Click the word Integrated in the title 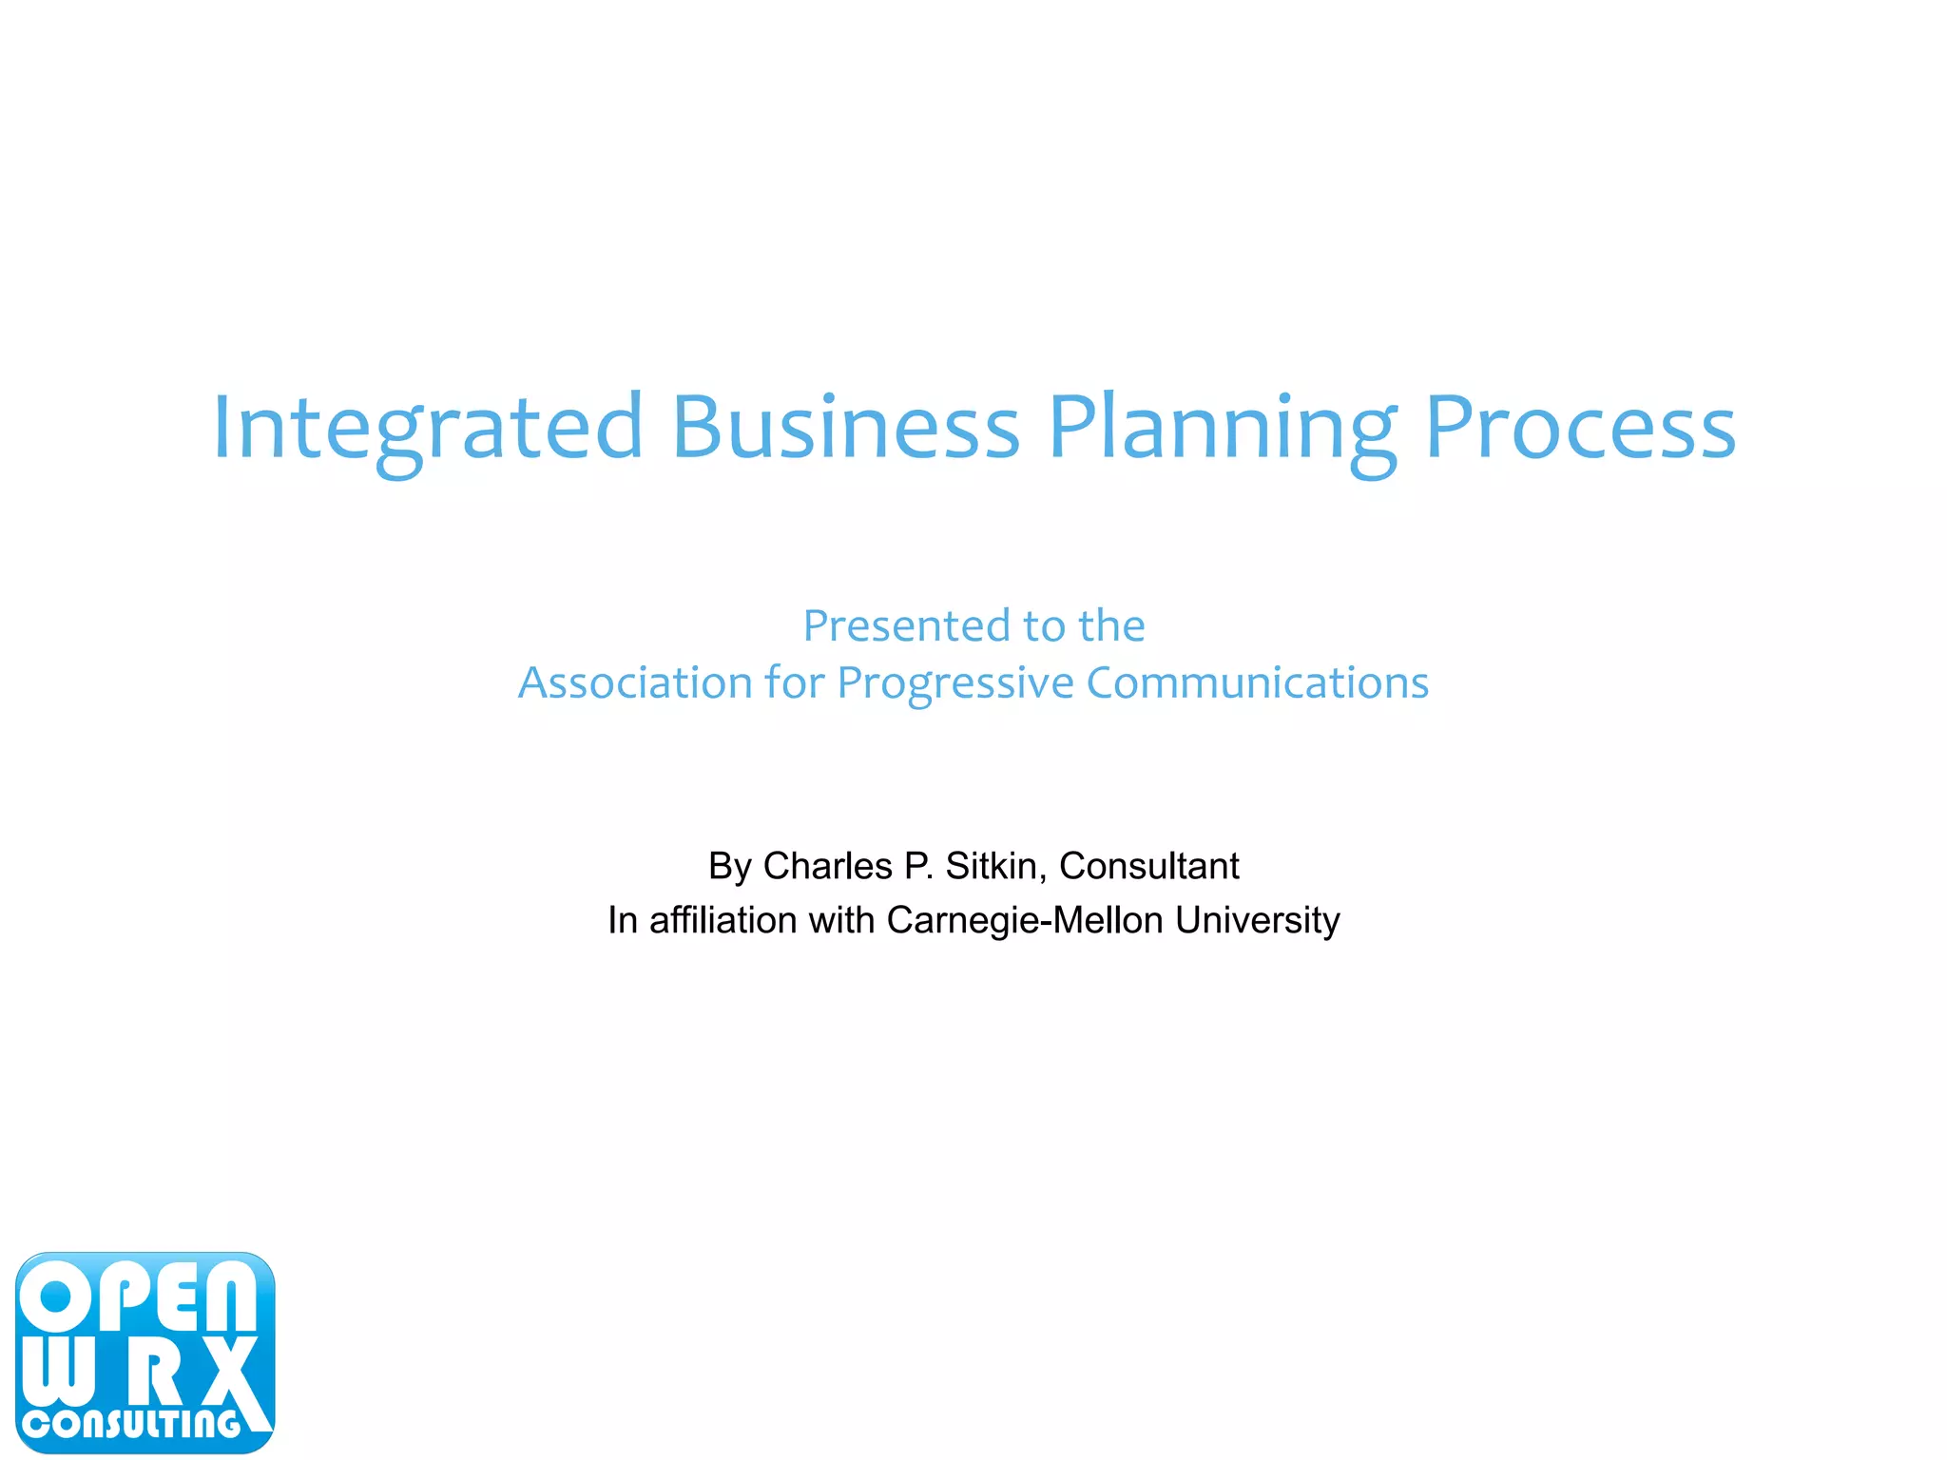pos(428,428)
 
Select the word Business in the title pos(845,428)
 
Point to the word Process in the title pos(1580,428)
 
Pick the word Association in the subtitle pos(635,682)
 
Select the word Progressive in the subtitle pos(955,682)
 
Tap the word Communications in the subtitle pos(1257,682)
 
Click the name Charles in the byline pos(827,866)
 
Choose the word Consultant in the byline pos(1148,866)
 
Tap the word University pos(1257,920)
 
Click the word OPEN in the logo pos(138,1297)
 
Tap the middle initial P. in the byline pos(918,866)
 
